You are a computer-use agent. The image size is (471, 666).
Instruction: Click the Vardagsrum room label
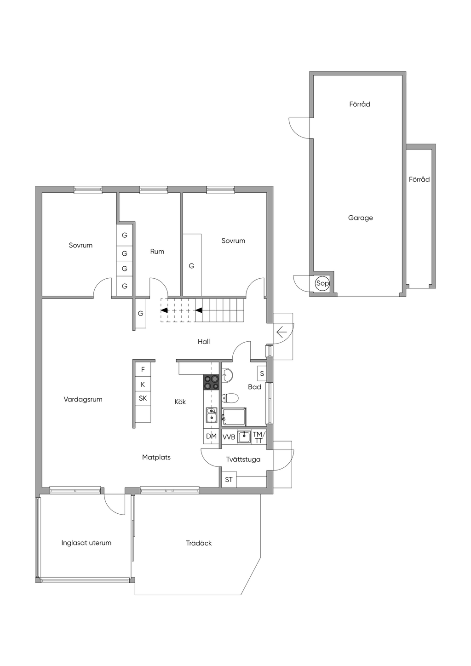(83, 399)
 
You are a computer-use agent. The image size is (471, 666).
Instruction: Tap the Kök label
(180, 402)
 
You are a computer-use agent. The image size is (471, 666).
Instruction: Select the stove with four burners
(212, 382)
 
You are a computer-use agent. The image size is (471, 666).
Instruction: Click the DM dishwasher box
(212, 436)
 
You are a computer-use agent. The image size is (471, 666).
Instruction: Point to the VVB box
(229, 437)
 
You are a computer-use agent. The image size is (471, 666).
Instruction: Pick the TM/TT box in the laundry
(258, 437)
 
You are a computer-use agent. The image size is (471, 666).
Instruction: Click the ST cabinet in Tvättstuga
(229, 479)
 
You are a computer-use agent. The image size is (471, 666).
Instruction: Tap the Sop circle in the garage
(322, 283)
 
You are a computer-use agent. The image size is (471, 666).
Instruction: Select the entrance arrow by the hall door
(281, 332)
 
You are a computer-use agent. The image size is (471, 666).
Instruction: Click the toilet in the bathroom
(230, 397)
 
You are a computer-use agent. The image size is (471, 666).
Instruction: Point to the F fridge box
(143, 370)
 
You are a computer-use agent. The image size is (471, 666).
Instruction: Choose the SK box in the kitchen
(143, 398)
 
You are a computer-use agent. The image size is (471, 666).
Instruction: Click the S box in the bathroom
(262, 373)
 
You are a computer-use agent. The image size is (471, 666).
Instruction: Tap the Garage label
(361, 218)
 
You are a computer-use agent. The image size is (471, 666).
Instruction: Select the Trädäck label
(199, 543)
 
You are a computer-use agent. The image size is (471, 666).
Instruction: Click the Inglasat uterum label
(86, 543)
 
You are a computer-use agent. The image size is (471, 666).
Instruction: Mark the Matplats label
(156, 457)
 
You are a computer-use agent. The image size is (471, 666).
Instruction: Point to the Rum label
(157, 252)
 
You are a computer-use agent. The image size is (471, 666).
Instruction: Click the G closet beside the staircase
(141, 313)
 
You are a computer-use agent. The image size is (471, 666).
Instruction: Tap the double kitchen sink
(212, 415)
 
